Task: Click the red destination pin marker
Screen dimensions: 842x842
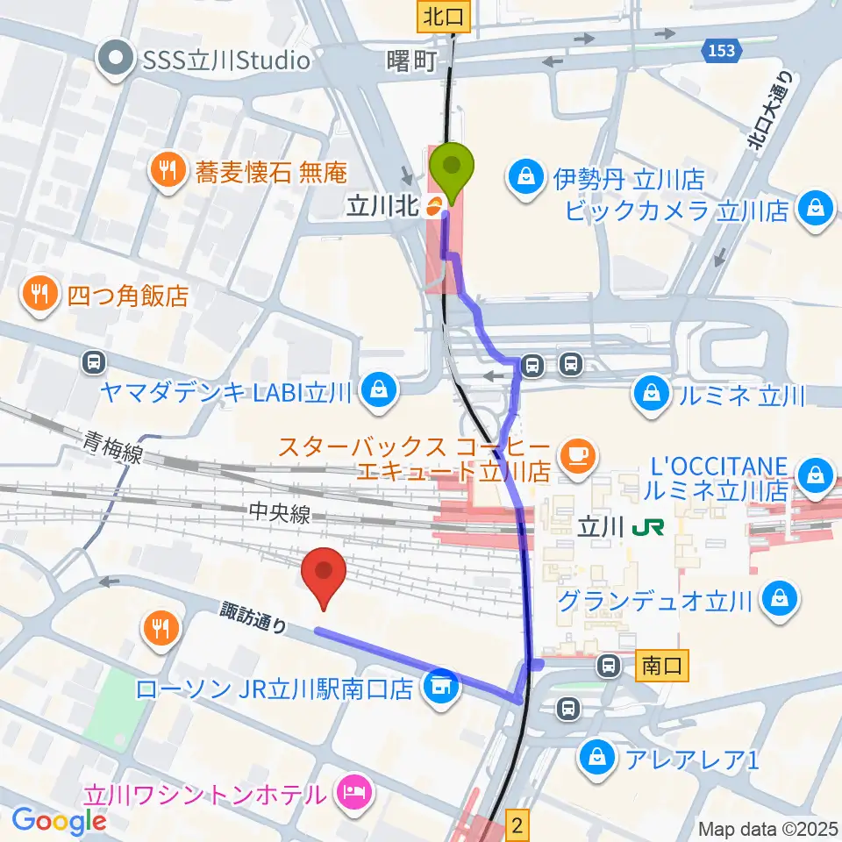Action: [x=324, y=574]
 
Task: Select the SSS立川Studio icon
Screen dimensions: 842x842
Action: [x=116, y=60]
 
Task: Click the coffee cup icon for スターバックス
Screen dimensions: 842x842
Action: [x=575, y=454]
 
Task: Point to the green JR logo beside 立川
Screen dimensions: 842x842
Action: [x=650, y=527]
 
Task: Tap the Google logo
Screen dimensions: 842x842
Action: [x=58, y=820]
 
